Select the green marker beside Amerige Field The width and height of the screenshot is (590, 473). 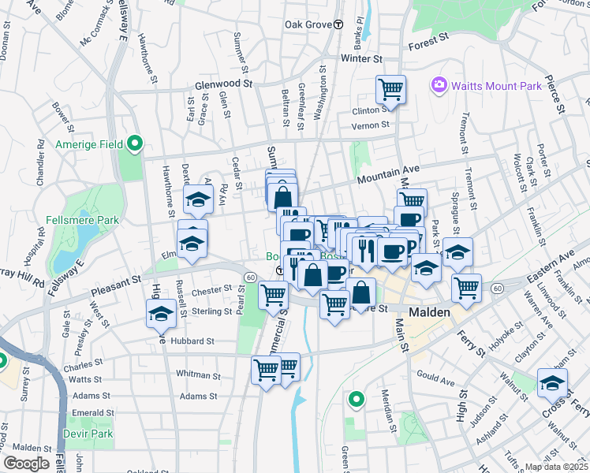(x=135, y=143)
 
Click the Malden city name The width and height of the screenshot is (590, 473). (x=429, y=312)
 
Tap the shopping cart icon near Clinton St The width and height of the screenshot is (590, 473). (x=390, y=90)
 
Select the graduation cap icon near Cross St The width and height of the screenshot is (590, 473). (x=553, y=384)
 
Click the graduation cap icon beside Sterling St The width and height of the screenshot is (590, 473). (x=161, y=314)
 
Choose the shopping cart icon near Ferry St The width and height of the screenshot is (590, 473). (x=467, y=287)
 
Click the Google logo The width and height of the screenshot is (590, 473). (x=25, y=464)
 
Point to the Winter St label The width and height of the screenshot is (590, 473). (x=361, y=58)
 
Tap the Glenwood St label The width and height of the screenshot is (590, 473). (x=223, y=84)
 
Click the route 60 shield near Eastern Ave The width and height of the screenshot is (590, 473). (x=496, y=289)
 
